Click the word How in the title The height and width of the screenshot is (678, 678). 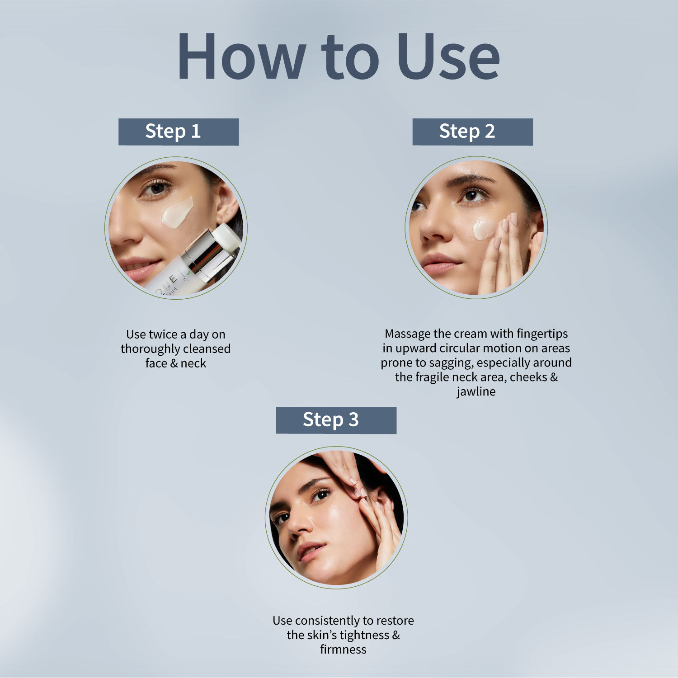(242, 57)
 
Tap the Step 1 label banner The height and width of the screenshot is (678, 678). (179, 132)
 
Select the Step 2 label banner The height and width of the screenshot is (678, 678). (473, 132)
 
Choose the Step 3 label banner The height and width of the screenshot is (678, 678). (336, 420)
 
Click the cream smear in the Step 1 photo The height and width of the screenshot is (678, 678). (177, 212)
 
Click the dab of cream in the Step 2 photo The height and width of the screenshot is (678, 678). (484, 228)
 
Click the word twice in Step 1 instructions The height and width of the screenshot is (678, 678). (165, 334)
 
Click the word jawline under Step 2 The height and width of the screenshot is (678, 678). (476, 391)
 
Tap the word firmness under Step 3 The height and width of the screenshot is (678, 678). (343, 650)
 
